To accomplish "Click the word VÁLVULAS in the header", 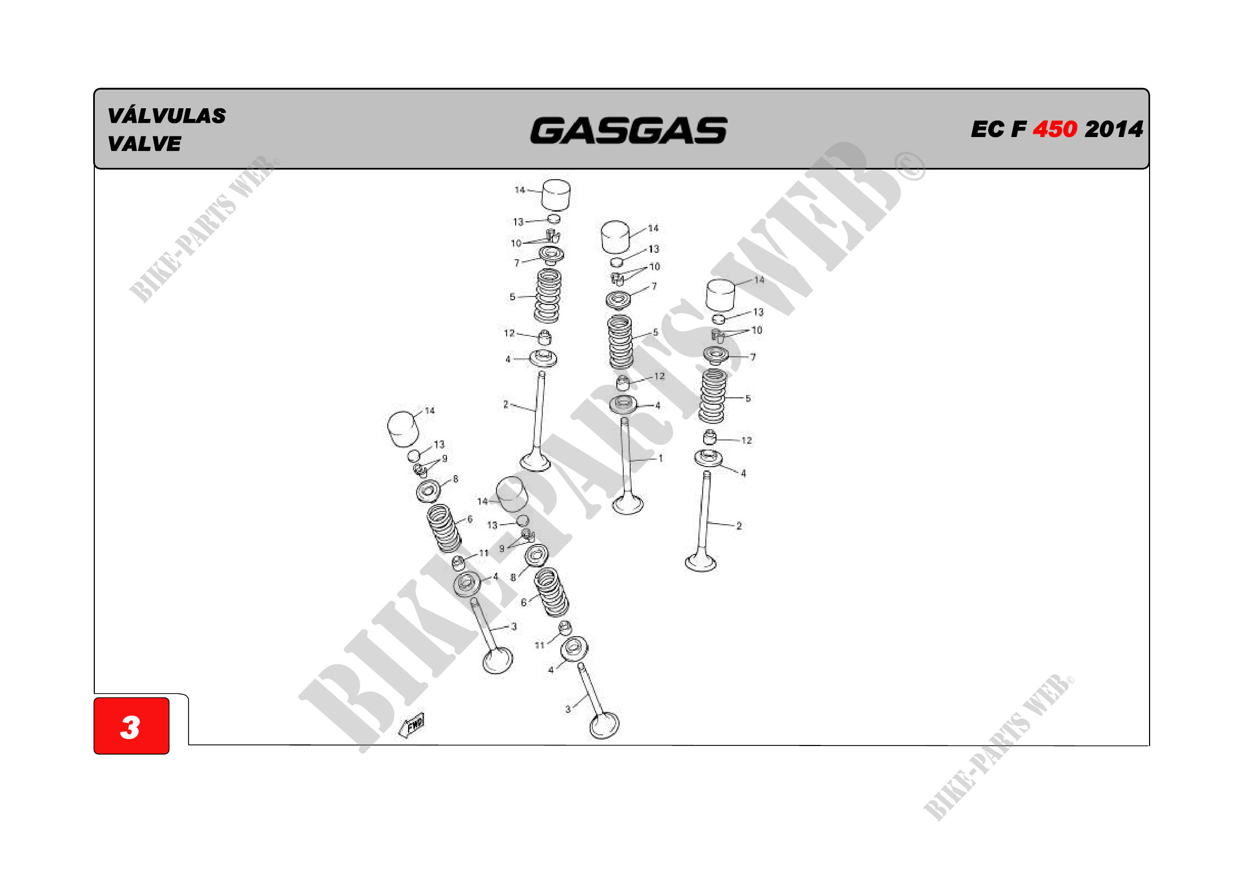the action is (167, 116).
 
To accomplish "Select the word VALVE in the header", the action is (144, 144).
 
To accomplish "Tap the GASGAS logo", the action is (629, 131).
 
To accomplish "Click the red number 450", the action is (1054, 129).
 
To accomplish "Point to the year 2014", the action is (1114, 129).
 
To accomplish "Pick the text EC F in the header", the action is (998, 129).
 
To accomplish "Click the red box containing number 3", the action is (132, 726).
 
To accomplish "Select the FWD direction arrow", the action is (411, 725).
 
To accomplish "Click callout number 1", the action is (661, 459).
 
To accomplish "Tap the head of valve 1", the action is (628, 503).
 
